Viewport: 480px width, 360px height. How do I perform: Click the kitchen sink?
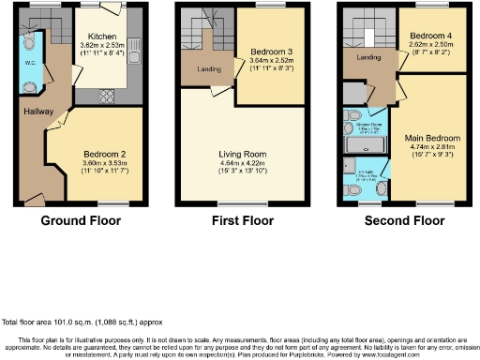point(136,44)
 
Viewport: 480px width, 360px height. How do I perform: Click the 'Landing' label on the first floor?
point(209,68)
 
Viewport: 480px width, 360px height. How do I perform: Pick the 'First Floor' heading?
point(242,222)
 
